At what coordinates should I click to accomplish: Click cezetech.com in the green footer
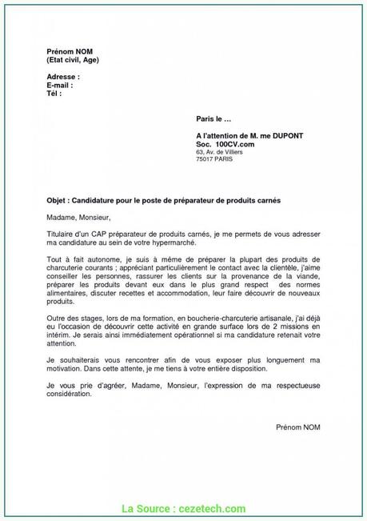coord(215,507)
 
